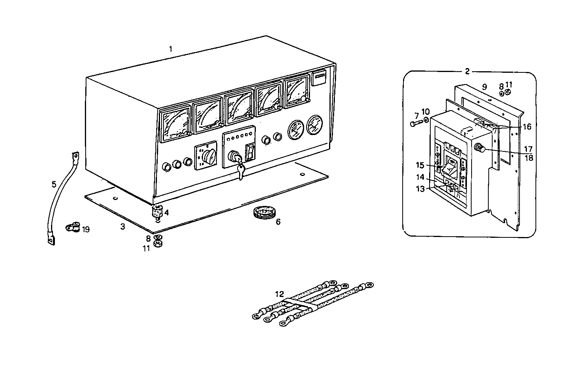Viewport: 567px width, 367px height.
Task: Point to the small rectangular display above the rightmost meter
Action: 319,77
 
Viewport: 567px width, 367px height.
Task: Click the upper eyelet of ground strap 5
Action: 75,157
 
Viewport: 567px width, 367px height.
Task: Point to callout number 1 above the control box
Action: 170,49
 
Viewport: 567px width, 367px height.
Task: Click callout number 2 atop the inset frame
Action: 467,71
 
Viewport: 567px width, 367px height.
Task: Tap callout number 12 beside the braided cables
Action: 280,293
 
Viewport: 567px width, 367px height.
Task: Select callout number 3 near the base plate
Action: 123,227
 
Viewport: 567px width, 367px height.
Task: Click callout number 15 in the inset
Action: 419,165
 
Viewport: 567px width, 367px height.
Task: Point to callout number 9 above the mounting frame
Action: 484,87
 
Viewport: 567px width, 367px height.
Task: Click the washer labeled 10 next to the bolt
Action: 426,120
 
